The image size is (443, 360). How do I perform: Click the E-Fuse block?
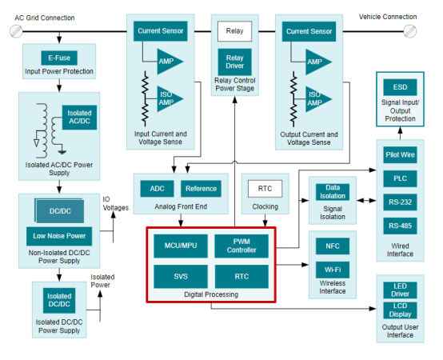coord(59,58)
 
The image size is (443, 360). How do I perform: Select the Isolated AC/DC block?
coord(79,118)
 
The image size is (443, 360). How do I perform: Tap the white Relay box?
coord(234,31)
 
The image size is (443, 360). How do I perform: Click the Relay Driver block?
coord(234,62)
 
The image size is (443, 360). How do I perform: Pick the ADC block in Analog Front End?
coord(157,189)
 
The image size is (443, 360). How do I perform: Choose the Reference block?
coord(201,189)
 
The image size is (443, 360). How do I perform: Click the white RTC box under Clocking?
coord(265,189)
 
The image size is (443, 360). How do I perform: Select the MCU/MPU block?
coord(181,246)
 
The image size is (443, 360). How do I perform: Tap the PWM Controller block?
coord(241,246)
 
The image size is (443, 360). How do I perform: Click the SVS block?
coord(181,276)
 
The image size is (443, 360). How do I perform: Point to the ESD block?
coord(400,87)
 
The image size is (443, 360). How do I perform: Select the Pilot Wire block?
coord(400,155)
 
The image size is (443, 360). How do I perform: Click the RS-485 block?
coord(400,226)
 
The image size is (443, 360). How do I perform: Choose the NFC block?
coord(333,246)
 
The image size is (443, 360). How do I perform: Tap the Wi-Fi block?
coord(333,270)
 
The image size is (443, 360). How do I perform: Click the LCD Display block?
coord(400,310)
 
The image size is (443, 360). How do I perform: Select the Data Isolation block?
coord(333,192)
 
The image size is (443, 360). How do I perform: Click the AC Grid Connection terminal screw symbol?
coord(16,31)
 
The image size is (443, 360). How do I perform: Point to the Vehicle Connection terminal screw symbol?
coord(409,31)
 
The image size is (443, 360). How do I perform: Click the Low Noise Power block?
coord(59,236)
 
